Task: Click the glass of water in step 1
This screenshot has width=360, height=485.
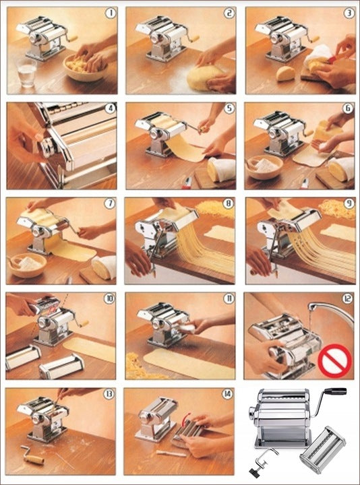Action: click(x=26, y=72)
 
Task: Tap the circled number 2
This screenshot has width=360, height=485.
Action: click(x=229, y=13)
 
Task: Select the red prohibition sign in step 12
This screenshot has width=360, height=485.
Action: click(x=335, y=361)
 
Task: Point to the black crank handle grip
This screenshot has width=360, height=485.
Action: click(x=335, y=391)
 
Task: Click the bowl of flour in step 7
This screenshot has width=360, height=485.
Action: click(x=27, y=265)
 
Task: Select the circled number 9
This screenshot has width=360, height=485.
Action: click(x=349, y=204)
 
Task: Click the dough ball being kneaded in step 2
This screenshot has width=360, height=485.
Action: click(x=205, y=78)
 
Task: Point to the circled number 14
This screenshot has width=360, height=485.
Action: click(x=227, y=394)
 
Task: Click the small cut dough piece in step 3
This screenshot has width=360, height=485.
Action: click(x=285, y=73)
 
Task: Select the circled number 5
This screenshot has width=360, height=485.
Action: click(x=229, y=109)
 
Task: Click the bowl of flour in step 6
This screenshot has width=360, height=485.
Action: click(x=264, y=167)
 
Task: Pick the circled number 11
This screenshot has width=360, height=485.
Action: click(x=229, y=298)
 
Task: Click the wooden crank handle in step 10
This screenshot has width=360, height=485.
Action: click(x=84, y=323)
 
